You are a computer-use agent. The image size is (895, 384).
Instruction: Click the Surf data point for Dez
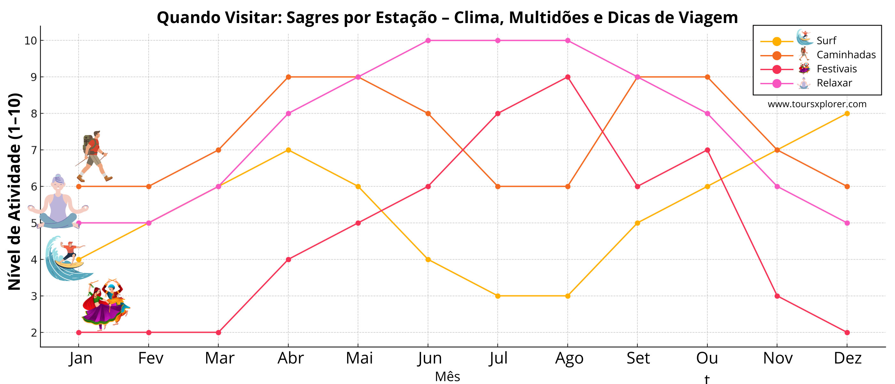coord(847,113)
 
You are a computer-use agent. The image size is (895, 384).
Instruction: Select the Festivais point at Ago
coord(568,77)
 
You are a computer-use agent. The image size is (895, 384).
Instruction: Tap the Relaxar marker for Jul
coord(498,40)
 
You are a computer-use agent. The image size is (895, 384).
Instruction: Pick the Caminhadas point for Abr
coord(288,77)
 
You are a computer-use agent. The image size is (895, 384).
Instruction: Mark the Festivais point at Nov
coord(777,296)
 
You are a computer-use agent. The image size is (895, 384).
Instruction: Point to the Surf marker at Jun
coord(428,260)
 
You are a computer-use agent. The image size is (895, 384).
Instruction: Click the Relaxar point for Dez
coord(847,223)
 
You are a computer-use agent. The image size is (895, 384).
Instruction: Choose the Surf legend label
coord(826,41)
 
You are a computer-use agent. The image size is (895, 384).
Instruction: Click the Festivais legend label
coord(837,69)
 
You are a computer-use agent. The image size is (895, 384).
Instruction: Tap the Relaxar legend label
coord(834,83)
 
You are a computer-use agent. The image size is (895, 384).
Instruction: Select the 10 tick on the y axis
coord(31,41)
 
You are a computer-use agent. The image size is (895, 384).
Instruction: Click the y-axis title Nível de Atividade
coord(15,191)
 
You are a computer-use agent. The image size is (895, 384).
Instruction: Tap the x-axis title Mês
coord(447,377)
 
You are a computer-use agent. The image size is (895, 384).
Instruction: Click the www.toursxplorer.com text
coord(817,104)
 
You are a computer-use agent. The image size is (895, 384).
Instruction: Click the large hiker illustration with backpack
coord(93,156)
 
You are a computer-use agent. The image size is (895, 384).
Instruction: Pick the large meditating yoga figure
coord(58,203)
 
